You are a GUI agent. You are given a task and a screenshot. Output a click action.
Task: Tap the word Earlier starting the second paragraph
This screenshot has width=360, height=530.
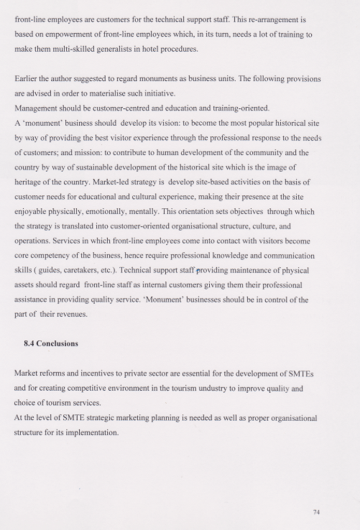click(26, 79)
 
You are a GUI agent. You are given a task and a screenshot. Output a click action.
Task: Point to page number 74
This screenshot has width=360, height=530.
click(316, 512)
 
